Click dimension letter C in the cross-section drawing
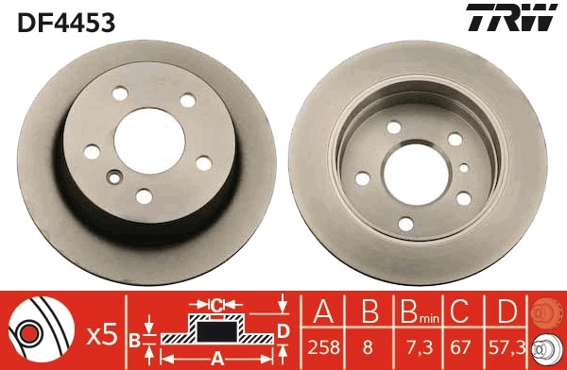[x=215, y=304]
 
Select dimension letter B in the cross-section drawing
[x=133, y=338]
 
